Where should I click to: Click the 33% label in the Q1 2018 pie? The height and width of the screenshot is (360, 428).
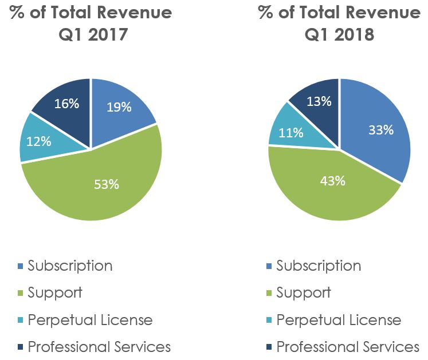pyautogui.click(x=381, y=130)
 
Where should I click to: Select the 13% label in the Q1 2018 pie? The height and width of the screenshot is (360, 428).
pyautogui.click(x=319, y=101)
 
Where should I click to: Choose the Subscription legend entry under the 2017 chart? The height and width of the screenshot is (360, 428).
pyautogui.click(x=70, y=266)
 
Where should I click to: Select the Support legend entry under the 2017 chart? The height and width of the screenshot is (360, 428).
pyautogui.click(x=55, y=293)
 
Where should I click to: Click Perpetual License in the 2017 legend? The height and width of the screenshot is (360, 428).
pyautogui.click(x=90, y=320)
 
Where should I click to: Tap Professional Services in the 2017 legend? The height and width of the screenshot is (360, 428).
pyautogui.click(x=99, y=347)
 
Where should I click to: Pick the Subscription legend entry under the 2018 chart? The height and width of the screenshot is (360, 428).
pyautogui.click(x=319, y=266)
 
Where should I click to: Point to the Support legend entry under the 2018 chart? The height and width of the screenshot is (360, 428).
pyautogui.click(x=304, y=293)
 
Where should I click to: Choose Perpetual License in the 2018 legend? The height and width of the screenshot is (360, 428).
pyautogui.click(x=339, y=320)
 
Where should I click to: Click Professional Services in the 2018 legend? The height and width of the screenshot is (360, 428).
pyautogui.click(x=348, y=347)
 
